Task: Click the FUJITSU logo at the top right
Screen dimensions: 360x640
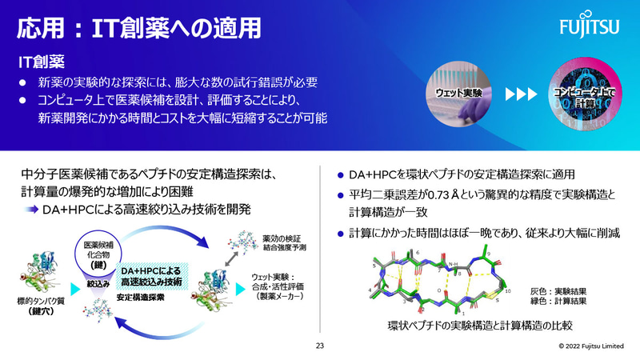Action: coord(594,30)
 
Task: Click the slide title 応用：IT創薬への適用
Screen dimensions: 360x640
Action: coord(140,29)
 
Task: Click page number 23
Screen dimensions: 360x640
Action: coord(320,346)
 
